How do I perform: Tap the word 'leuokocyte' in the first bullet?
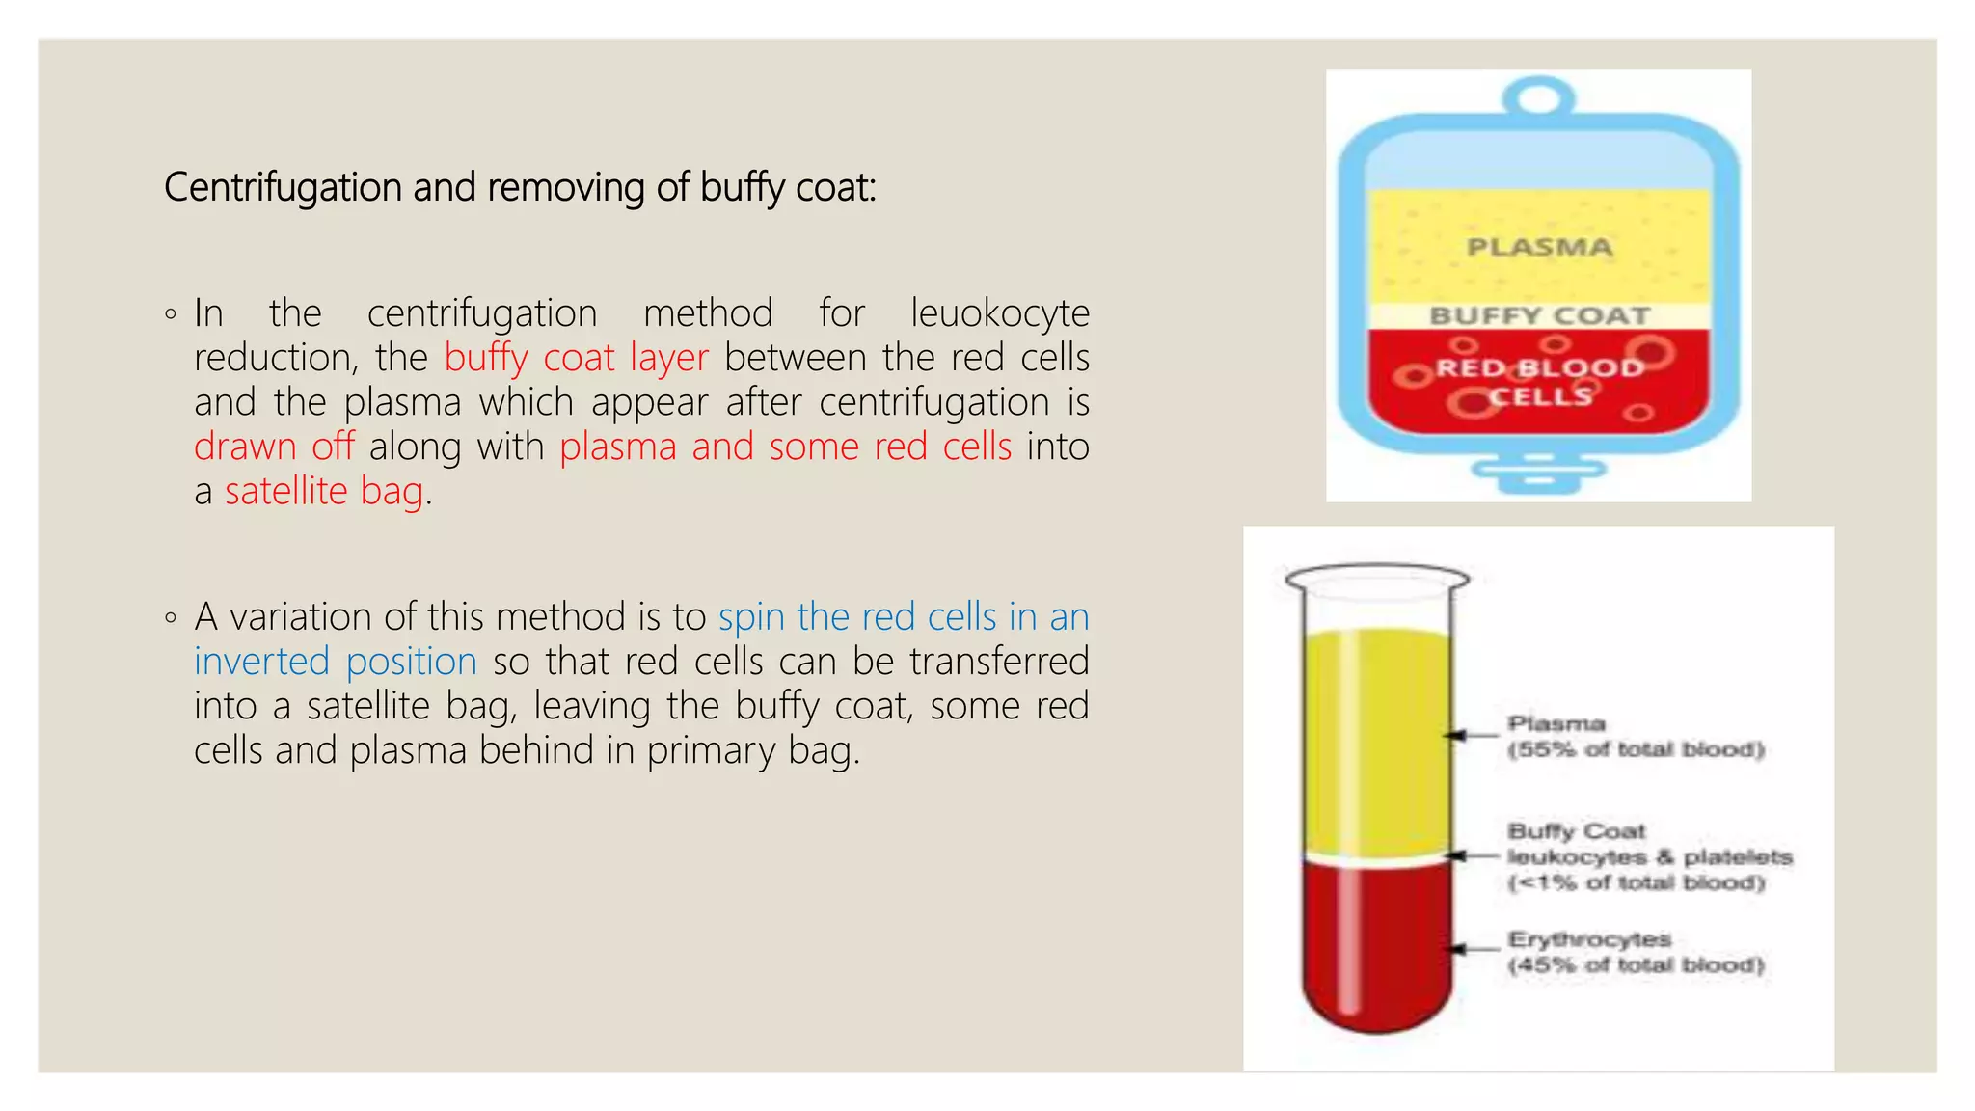click(999, 313)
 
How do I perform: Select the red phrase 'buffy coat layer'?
click(576, 358)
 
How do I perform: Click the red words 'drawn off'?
click(274, 447)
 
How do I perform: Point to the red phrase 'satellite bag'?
click(324, 491)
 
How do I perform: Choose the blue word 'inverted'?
click(262, 662)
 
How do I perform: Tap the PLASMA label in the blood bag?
click(1539, 248)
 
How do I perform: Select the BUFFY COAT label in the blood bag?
click(1539, 316)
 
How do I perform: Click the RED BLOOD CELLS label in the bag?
click(1539, 382)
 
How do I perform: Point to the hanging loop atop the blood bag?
click(1539, 97)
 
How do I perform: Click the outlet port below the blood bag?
click(1539, 473)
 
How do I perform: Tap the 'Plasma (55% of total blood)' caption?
click(1636, 737)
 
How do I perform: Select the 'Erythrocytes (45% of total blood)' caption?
click(1636, 952)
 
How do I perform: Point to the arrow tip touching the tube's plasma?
click(1448, 736)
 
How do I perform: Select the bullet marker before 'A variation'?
click(171, 617)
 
